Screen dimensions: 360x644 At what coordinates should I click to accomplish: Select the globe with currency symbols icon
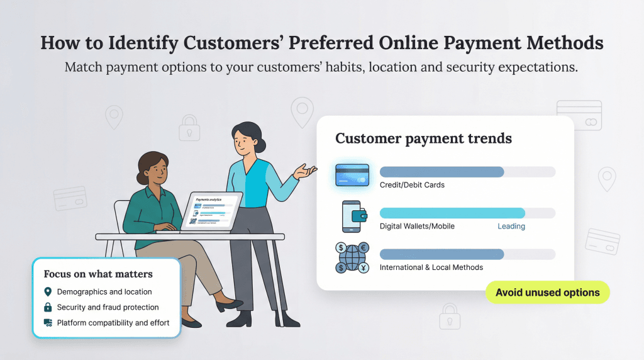tap(352, 258)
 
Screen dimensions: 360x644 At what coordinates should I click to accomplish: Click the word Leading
tap(511, 226)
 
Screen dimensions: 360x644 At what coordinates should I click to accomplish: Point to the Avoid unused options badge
tap(547, 292)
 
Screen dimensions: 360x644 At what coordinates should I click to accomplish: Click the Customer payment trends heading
tap(423, 138)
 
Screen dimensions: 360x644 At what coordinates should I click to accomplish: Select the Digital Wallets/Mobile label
tap(417, 226)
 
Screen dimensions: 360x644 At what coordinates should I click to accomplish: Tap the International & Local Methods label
tap(431, 267)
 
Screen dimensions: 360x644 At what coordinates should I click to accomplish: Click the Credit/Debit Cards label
tap(412, 185)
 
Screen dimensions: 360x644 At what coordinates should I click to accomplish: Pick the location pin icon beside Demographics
tap(48, 292)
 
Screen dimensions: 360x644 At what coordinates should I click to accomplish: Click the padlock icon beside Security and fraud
tap(48, 308)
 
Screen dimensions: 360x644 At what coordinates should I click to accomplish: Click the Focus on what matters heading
tap(98, 274)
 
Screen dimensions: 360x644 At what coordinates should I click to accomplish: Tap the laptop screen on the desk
tap(214, 210)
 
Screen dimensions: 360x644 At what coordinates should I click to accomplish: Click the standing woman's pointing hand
tap(306, 171)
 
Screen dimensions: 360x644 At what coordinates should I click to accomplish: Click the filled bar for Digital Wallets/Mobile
tap(452, 213)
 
